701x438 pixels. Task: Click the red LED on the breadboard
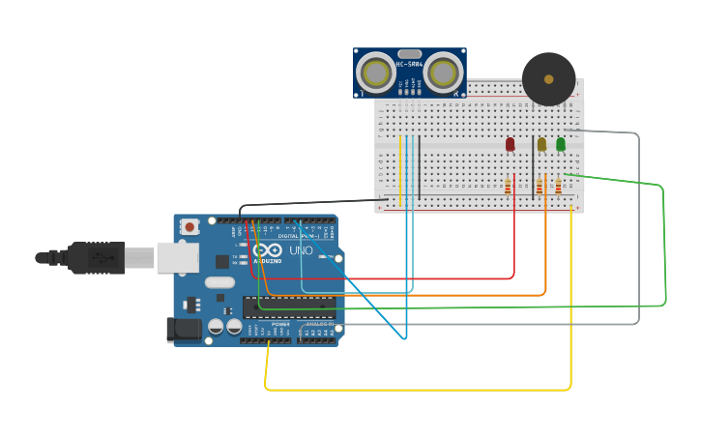click(511, 144)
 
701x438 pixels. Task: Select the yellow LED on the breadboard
click(541, 144)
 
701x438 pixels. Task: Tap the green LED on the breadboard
click(561, 144)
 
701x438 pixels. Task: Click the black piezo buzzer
click(548, 79)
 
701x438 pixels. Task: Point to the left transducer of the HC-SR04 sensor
click(375, 73)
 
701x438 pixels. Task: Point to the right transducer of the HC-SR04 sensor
click(443, 73)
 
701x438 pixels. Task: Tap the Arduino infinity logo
click(268, 250)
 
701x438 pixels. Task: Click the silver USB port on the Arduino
click(178, 257)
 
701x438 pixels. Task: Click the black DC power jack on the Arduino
click(184, 330)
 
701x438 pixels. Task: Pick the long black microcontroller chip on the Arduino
click(289, 307)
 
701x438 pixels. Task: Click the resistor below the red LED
click(508, 186)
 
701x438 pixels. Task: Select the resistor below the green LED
click(558, 186)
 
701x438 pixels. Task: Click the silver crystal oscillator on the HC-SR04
click(409, 54)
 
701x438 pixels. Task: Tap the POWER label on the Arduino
click(280, 323)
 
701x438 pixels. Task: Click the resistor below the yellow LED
click(539, 186)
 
